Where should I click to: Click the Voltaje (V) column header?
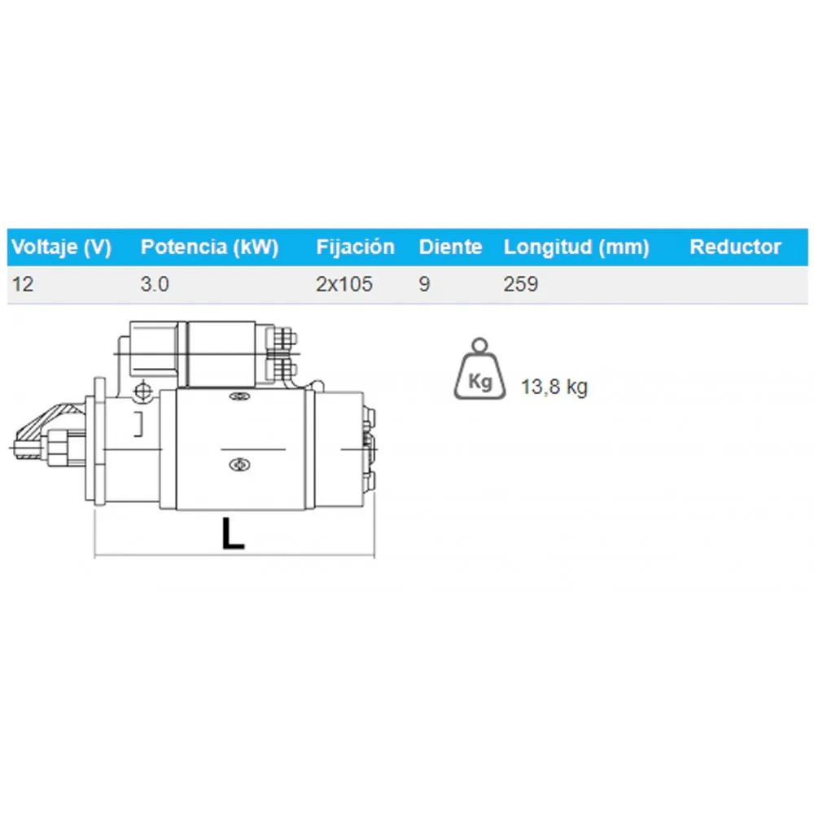(x=61, y=247)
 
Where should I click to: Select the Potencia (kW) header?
(x=209, y=247)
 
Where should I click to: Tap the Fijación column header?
(x=355, y=247)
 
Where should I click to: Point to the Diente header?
(x=450, y=247)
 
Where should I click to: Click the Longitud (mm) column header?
(x=576, y=247)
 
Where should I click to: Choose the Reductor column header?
(x=735, y=247)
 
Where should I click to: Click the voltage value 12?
(x=23, y=284)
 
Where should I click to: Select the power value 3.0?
(x=155, y=284)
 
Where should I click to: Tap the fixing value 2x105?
(x=344, y=284)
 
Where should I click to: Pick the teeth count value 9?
(x=424, y=284)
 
